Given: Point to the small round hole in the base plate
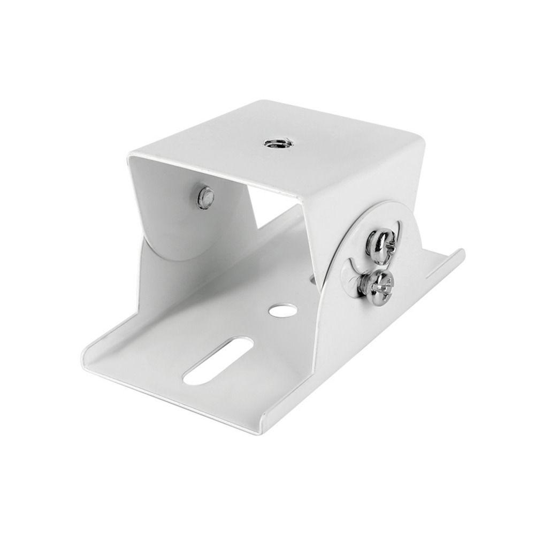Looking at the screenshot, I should pyautogui.click(x=278, y=310).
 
